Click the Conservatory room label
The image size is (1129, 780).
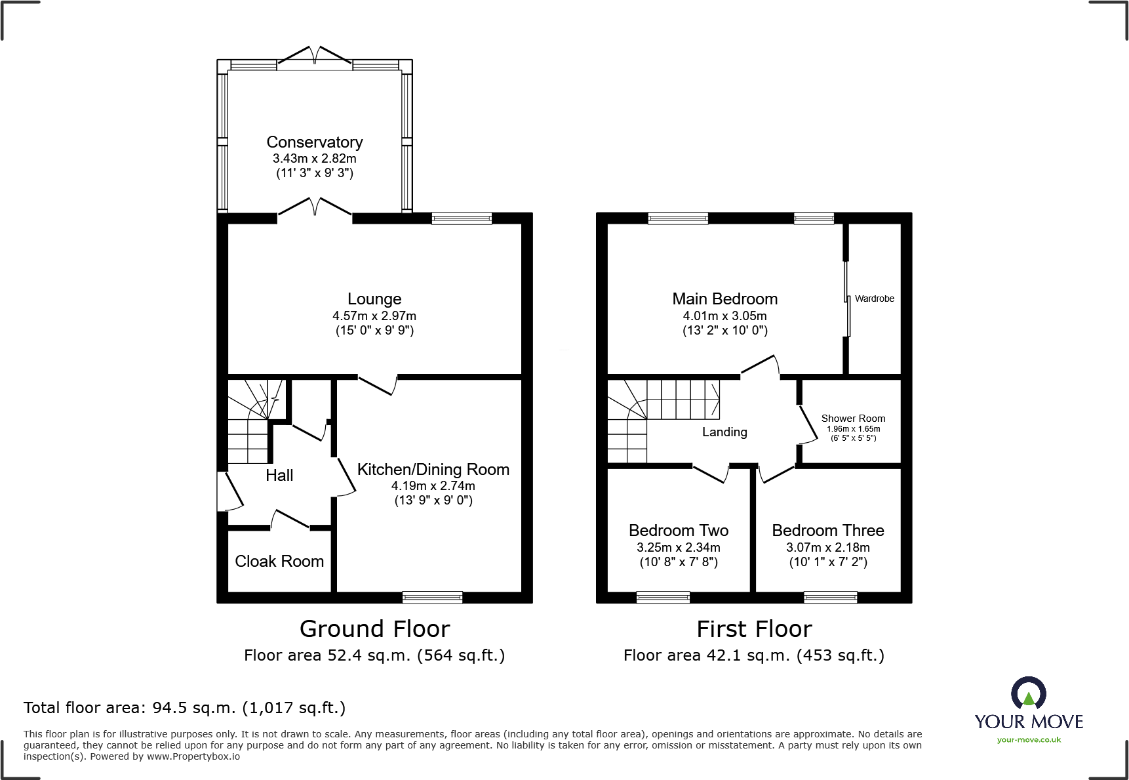pyautogui.click(x=314, y=142)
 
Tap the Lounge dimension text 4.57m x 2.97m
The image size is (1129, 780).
pyautogui.click(x=374, y=316)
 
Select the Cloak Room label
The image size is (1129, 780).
pyautogui.click(x=279, y=562)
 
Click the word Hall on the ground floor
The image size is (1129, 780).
pyautogui.click(x=279, y=476)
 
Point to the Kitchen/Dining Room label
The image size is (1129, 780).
pyautogui.click(x=433, y=470)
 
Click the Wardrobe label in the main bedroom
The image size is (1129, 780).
pyautogui.click(x=874, y=298)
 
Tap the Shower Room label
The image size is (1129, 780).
pyautogui.click(x=853, y=419)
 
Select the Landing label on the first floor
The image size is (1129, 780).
pyautogui.click(x=724, y=432)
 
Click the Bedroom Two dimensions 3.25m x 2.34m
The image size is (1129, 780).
pyautogui.click(x=679, y=547)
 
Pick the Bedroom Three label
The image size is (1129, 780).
pyautogui.click(x=828, y=531)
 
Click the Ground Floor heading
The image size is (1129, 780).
pyautogui.click(x=374, y=629)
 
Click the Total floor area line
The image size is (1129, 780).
pyautogui.click(x=184, y=708)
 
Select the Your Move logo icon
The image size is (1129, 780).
pyautogui.click(x=1028, y=693)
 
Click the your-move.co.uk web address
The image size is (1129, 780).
pyautogui.click(x=1029, y=740)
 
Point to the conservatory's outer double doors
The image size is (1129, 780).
pyautogui.click(x=315, y=56)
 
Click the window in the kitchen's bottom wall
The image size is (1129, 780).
pyautogui.click(x=432, y=597)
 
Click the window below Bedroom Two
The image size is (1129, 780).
pyautogui.click(x=663, y=597)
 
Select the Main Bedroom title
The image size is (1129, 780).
pyautogui.click(x=724, y=299)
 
